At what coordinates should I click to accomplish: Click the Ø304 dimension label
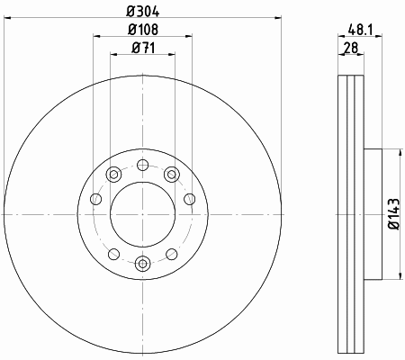[x=143, y=12]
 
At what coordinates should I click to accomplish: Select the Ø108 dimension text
[x=143, y=30]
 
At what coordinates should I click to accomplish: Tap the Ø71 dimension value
[x=143, y=48]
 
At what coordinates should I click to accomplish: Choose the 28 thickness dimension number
[x=351, y=48]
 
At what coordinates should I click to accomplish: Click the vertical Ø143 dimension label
[x=394, y=213]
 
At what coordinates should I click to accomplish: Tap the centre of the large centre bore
[x=142, y=214]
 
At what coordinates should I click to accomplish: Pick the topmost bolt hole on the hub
[x=142, y=165]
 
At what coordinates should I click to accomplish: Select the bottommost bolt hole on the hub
[x=142, y=264]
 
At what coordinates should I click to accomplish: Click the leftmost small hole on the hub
[x=96, y=199]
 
